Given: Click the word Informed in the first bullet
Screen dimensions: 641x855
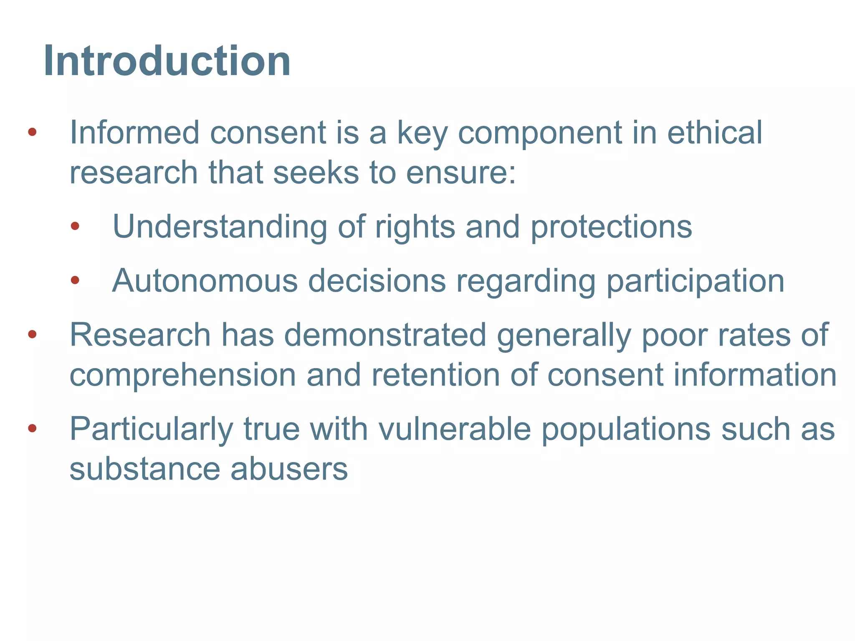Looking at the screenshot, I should [134, 133].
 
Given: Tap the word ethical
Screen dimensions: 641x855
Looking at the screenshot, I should [715, 133].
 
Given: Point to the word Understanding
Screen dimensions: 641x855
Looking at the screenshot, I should [220, 227].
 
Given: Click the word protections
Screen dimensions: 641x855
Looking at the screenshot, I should [611, 227].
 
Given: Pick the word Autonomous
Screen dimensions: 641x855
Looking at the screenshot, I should [205, 281].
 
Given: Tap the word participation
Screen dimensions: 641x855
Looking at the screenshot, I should [695, 281].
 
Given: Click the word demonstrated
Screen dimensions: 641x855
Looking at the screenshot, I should [385, 335].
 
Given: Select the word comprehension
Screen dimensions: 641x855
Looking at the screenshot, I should [183, 375].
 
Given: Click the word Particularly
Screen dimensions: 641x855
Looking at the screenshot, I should [151, 429].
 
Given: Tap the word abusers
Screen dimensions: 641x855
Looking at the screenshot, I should [289, 469].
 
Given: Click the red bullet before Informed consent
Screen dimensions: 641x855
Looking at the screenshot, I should [32, 133].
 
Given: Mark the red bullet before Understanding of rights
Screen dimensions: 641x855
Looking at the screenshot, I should [75, 227].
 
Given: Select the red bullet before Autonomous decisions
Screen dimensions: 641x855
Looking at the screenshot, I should [75, 280].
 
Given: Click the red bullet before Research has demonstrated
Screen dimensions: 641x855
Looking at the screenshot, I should [32, 334].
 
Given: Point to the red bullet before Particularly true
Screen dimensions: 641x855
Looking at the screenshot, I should [32, 429].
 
